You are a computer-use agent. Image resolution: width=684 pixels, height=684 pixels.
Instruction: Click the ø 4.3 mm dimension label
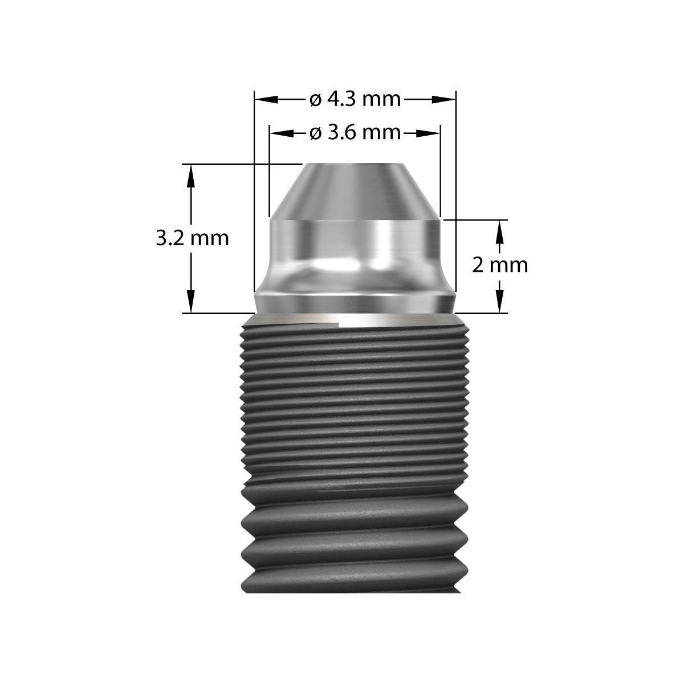(355, 100)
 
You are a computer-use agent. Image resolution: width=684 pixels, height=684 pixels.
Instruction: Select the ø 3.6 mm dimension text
(355, 133)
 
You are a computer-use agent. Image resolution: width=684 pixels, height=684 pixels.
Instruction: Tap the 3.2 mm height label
(193, 238)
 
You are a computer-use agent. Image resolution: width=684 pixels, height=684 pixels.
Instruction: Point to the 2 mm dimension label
(500, 265)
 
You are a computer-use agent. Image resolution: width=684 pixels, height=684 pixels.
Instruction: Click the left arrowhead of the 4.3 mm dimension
(261, 100)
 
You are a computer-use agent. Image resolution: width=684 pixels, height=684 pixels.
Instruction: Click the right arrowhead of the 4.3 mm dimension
(449, 100)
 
